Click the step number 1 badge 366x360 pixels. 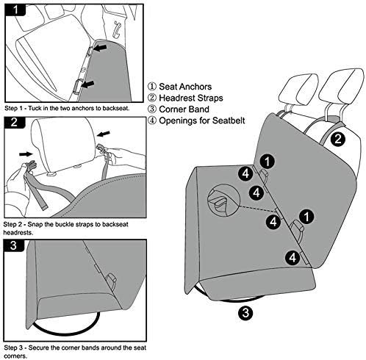pos(15,10)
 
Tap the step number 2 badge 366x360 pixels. pos(15,122)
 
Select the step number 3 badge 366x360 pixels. pos(14,245)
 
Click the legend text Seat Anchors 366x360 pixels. pos(185,87)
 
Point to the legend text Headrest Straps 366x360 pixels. pos(191,98)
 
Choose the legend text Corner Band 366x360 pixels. pos(184,109)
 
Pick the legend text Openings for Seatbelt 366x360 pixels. pos(202,120)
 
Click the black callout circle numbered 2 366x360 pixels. pos(338,139)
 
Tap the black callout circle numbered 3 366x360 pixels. pos(245,313)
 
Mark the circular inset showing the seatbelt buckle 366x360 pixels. pos(223,201)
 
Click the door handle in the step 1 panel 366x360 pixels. pos(117,29)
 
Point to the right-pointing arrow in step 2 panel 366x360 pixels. pos(26,154)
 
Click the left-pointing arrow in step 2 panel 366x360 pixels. pos(104,134)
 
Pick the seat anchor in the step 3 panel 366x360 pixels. pos(112,281)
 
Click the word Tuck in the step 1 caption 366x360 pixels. pos(35,108)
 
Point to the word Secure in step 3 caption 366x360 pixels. pos(41,348)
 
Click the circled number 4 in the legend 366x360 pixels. pos(152,120)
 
